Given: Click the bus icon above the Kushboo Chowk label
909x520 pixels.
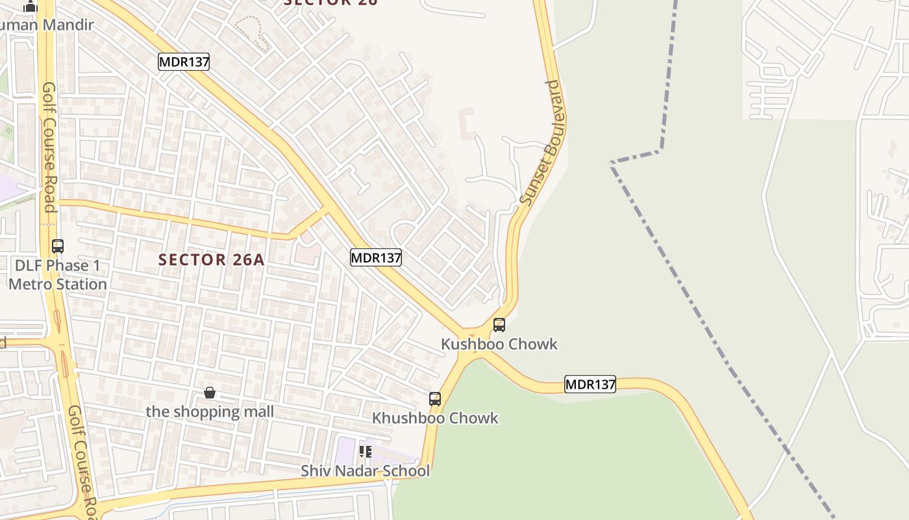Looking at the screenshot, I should click(x=499, y=324).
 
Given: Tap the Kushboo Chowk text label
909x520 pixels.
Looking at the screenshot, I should click(x=499, y=344).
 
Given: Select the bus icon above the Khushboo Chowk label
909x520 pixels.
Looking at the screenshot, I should click(x=435, y=398).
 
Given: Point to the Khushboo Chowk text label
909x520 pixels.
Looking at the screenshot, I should click(x=435, y=418).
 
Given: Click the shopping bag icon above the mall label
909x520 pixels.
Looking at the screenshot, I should click(x=210, y=393).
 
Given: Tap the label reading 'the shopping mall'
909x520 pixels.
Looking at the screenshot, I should click(x=210, y=411).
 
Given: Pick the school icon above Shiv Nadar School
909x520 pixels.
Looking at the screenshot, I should click(x=366, y=451).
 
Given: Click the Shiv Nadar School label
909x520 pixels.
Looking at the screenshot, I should click(x=365, y=471).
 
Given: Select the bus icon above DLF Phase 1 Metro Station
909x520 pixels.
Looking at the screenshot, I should click(x=58, y=246).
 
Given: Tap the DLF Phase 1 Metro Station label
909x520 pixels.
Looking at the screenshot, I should click(x=58, y=275).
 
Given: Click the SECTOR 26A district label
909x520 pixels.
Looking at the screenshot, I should click(x=212, y=260).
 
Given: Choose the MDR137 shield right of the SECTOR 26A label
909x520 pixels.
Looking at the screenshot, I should click(x=376, y=257).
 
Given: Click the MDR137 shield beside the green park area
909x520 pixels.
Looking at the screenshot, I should click(x=590, y=384).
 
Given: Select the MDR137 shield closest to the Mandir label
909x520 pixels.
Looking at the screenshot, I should click(x=184, y=62).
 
